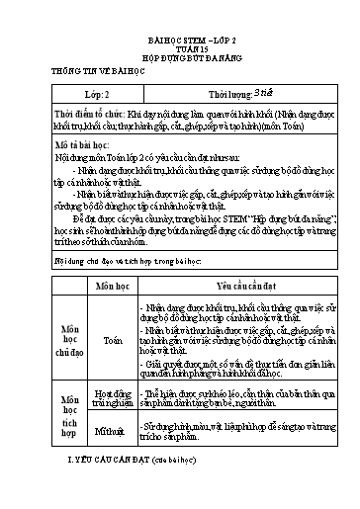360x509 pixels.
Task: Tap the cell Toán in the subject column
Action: (x=113, y=336)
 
